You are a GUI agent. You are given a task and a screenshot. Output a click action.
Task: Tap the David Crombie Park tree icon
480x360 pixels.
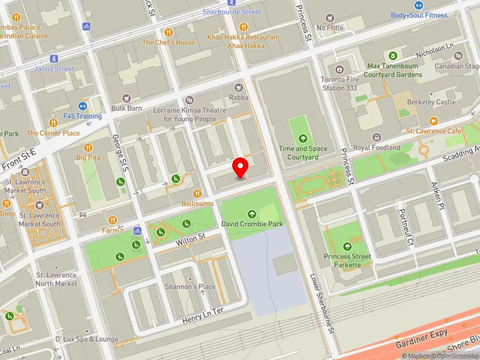[251, 214]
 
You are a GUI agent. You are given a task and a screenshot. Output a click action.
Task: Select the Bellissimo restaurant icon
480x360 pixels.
[197, 193]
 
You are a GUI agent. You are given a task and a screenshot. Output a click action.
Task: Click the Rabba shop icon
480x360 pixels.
[238, 88]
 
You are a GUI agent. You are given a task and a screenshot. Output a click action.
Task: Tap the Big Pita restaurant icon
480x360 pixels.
[88, 147]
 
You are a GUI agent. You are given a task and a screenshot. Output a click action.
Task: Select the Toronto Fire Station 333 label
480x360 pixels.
[340, 83]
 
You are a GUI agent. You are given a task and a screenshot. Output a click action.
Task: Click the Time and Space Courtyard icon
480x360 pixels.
[302, 137]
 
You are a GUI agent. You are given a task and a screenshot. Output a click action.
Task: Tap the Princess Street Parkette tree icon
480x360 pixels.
[347, 246]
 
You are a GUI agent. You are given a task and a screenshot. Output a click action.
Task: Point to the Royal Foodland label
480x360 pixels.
[376, 147]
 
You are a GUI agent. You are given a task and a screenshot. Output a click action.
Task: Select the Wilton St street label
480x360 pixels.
[190, 239]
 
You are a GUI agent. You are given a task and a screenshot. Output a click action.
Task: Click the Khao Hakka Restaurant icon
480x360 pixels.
[243, 27]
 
